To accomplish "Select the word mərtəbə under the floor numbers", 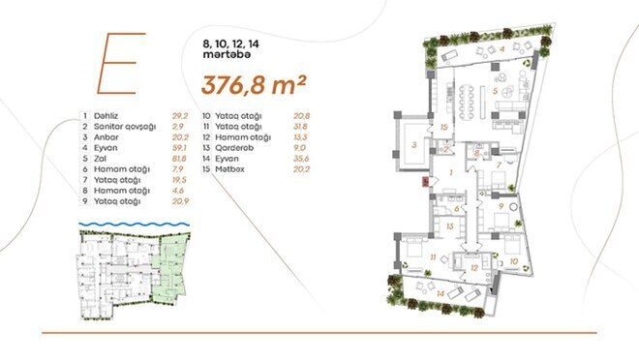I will click(224, 57).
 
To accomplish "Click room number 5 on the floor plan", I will click(493, 92).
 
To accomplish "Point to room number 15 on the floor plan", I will click(442, 126).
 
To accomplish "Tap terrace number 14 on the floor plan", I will click(441, 291).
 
